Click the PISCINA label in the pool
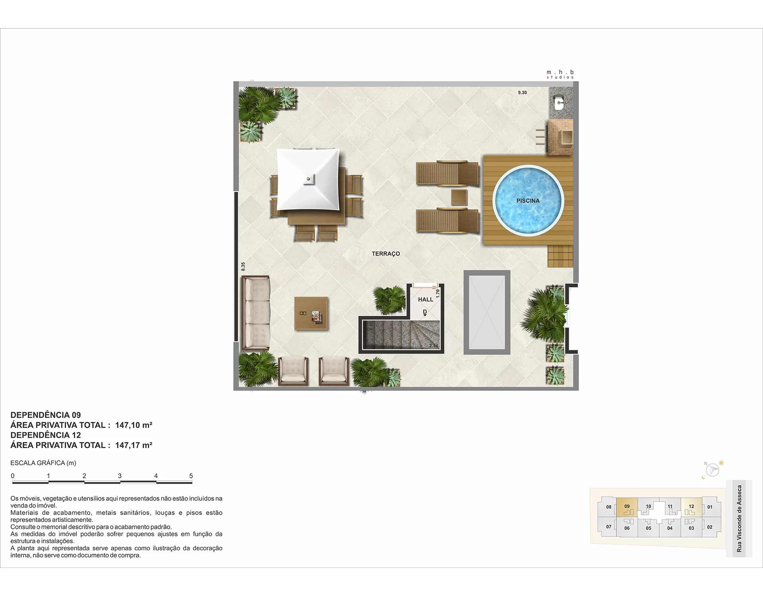click(x=528, y=201)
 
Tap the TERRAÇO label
click(x=386, y=254)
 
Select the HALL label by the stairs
click(x=426, y=300)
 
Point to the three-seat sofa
click(x=256, y=313)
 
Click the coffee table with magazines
click(x=311, y=313)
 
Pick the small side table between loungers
click(x=459, y=197)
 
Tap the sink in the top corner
click(x=560, y=103)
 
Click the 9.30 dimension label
click(x=522, y=93)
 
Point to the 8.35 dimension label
click(x=243, y=267)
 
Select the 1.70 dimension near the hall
click(x=438, y=294)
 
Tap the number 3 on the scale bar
click(x=120, y=476)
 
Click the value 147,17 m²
click(x=134, y=445)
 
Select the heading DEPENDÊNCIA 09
click(x=46, y=415)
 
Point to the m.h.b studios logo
click(x=560, y=74)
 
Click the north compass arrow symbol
click(x=713, y=470)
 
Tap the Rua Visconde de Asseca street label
click(x=739, y=519)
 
